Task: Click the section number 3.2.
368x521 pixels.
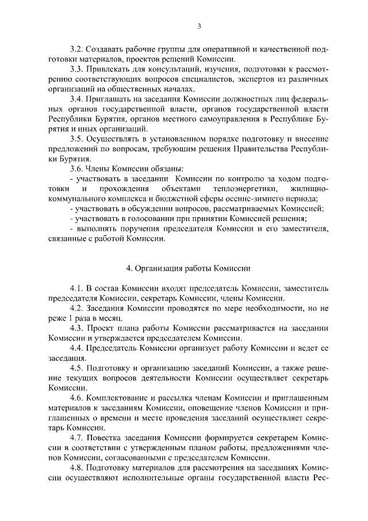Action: [76, 50]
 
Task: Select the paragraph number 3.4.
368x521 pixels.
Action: [76, 100]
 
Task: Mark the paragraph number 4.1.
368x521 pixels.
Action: [76, 288]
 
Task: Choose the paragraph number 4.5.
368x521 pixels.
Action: [76, 368]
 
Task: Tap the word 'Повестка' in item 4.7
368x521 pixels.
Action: [106, 438]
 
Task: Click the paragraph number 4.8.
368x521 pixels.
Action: [76, 468]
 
